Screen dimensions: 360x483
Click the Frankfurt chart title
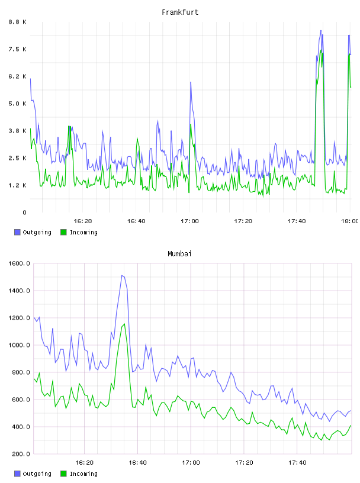(x=180, y=12)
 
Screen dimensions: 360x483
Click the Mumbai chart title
(x=179, y=254)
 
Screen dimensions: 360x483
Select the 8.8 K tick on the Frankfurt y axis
(x=18, y=22)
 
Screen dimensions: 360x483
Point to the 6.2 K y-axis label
(x=18, y=76)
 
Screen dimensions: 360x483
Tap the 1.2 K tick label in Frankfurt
(x=18, y=185)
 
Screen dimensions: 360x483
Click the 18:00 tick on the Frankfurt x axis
(x=349, y=221)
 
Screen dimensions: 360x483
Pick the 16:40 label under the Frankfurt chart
(x=136, y=221)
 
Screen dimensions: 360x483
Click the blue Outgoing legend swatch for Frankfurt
(x=17, y=232)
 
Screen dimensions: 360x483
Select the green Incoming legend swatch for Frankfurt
(x=63, y=232)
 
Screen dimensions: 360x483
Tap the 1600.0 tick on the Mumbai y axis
(x=19, y=263)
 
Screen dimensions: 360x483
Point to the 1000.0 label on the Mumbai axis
(x=19, y=345)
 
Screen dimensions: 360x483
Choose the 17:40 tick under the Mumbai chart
(x=297, y=463)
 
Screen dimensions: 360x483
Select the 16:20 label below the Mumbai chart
(x=85, y=463)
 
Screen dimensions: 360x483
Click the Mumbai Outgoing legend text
(x=37, y=474)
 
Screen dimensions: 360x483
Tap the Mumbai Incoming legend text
(x=83, y=474)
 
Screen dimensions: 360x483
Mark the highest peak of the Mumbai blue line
(x=122, y=275)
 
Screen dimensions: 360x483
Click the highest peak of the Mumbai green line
(x=124, y=324)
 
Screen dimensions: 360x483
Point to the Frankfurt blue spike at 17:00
(x=191, y=82)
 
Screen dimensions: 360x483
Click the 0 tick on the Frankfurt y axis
(x=24, y=212)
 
